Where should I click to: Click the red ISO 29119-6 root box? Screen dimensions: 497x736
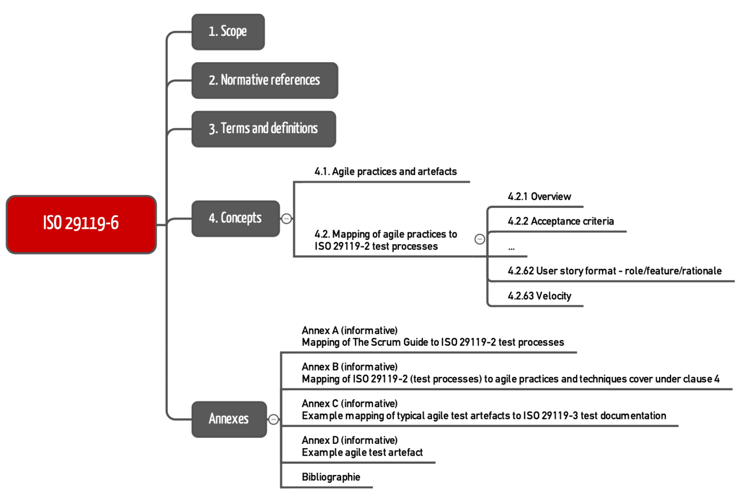point(81,224)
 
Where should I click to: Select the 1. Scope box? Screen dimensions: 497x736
point(228,32)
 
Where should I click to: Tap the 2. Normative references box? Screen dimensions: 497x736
point(264,80)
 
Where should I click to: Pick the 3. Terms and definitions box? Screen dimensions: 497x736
point(264,129)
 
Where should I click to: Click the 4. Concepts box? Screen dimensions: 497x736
point(235,218)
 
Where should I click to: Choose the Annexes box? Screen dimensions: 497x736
point(229,419)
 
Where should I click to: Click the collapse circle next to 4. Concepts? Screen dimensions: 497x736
point(287,218)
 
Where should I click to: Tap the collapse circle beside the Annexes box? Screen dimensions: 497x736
point(274,419)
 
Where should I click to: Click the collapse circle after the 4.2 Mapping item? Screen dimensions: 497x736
point(480,239)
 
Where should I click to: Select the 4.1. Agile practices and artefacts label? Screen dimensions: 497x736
point(385,171)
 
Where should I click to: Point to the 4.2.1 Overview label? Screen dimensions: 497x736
point(539,196)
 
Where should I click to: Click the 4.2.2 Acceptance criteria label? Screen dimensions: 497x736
point(561,221)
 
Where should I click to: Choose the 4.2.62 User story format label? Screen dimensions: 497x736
point(614,271)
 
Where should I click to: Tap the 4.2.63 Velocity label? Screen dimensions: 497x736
point(539,296)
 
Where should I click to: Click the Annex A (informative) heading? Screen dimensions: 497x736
point(350,330)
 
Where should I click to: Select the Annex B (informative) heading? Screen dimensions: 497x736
point(350,367)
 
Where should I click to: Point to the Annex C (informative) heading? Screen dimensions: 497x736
point(350,404)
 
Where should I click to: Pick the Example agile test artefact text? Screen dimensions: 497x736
point(362,452)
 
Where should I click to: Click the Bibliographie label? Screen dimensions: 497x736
point(331,477)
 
